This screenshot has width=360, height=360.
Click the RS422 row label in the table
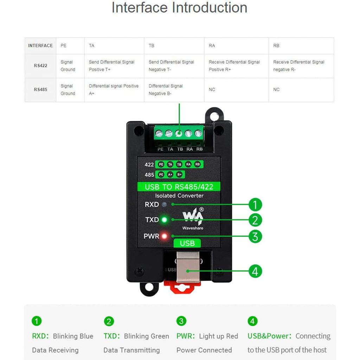(40, 66)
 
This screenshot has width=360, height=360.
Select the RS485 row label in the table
(40, 90)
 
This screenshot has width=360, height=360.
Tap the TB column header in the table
(152, 46)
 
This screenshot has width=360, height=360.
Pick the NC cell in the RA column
(212, 90)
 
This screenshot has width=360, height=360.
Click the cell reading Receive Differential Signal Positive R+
(234, 66)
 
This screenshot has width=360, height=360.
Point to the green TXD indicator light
(164, 220)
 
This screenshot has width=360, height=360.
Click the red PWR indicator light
(164, 236)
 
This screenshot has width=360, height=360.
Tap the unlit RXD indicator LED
(164, 205)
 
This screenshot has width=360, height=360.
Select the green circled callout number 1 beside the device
(255, 205)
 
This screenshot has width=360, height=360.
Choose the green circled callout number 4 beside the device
(255, 271)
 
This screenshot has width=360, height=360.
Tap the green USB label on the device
(187, 243)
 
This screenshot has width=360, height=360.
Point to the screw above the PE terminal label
(159, 134)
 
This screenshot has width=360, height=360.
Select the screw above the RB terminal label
(199, 134)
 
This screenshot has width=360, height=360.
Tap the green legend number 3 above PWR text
(181, 321)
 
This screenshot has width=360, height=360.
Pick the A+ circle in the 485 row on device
(170, 175)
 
